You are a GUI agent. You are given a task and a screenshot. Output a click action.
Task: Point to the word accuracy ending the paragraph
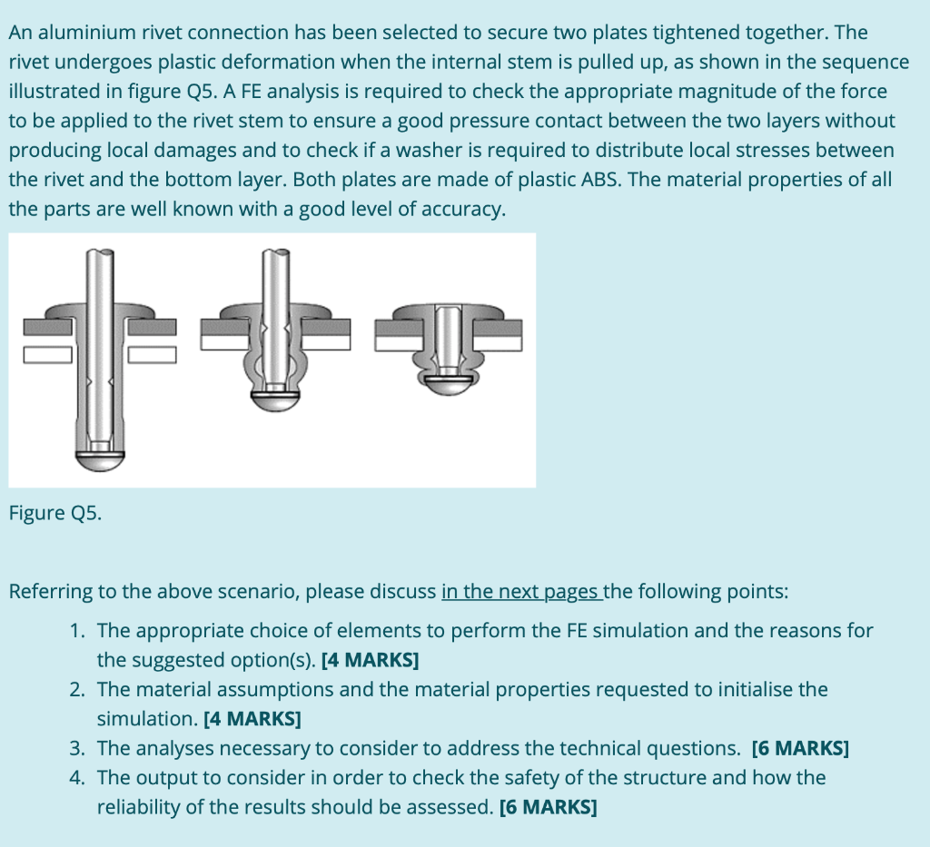tap(463, 209)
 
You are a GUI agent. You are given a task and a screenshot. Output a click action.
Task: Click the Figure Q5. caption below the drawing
tap(55, 513)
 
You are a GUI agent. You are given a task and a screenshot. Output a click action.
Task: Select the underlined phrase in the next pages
tap(520, 592)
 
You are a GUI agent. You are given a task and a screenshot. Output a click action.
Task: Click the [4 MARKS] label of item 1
tap(370, 660)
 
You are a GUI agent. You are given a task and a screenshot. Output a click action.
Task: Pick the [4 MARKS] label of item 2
tap(252, 719)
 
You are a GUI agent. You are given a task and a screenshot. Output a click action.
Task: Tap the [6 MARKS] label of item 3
tap(801, 749)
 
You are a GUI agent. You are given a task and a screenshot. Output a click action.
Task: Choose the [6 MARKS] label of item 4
tap(549, 808)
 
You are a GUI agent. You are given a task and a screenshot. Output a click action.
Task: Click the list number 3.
tap(76, 749)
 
